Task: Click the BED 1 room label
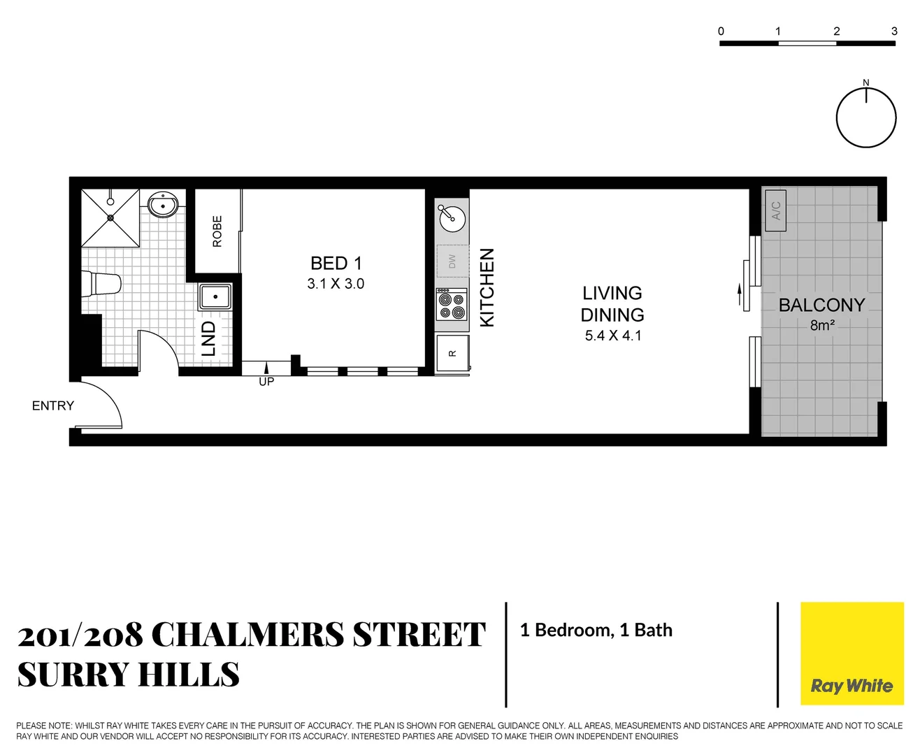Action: click(336, 264)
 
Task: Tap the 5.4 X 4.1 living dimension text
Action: click(612, 336)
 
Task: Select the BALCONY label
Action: click(821, 305)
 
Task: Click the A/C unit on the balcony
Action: click(775, 210)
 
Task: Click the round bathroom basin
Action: click(164, 205)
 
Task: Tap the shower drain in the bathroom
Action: click(110, 217)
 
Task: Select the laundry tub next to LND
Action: click(215, 296)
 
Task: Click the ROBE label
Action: click(217, 231)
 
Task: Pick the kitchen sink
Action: click(452, 218)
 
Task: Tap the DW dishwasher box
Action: click(452, 261)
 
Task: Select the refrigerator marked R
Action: click(452, 354)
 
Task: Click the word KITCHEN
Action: click(487, 287)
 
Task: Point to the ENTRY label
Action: click(53, 405)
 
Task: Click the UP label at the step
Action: click(266, 382)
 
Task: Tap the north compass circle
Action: click(865, 117)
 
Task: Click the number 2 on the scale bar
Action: click(836, 31)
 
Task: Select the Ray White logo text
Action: click(851, 686)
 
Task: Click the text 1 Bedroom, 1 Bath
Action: click(596, 630)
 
